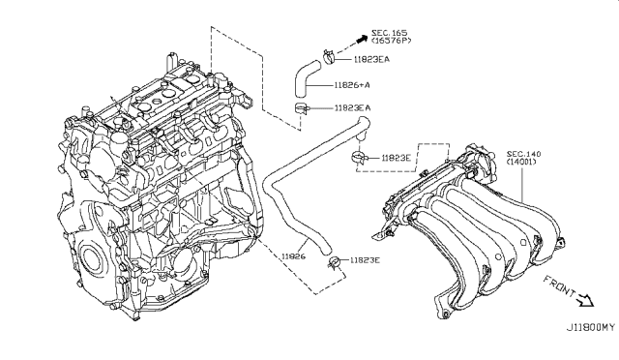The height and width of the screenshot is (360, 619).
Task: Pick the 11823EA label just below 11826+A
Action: tap(358, 108)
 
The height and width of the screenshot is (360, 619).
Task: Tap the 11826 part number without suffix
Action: tap(294, 257)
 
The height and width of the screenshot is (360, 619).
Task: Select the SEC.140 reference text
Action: tap(524, 154)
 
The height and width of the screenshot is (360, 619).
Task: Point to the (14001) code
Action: tap(524, 165)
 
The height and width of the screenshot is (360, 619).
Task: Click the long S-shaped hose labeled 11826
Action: tap(290, 194)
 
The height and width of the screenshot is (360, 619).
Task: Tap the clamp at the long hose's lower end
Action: tap(336, 259)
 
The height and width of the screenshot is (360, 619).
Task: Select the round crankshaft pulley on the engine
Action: tap(92, 259)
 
